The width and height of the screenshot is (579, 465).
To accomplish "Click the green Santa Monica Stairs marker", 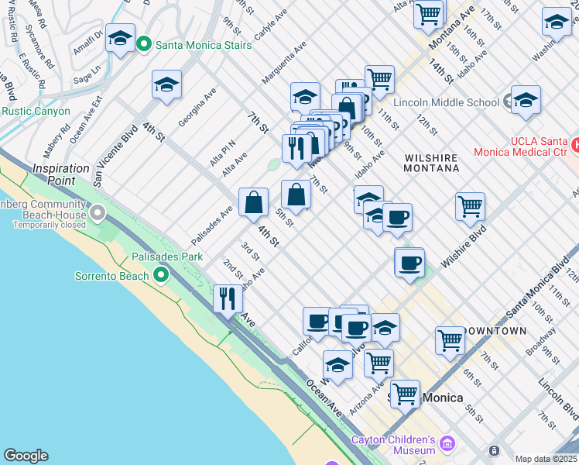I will click(143, 45).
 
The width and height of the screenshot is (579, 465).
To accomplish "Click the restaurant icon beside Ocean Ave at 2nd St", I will click(227, 298).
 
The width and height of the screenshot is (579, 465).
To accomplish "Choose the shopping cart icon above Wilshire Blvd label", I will click(470, 206).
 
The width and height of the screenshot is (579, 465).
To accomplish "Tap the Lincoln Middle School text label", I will click(446, 102).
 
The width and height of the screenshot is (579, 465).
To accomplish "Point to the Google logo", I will click(26, 456).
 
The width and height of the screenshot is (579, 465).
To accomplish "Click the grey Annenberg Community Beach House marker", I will click(98, 212).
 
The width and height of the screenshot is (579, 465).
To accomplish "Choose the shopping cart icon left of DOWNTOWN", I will click(450, 339).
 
